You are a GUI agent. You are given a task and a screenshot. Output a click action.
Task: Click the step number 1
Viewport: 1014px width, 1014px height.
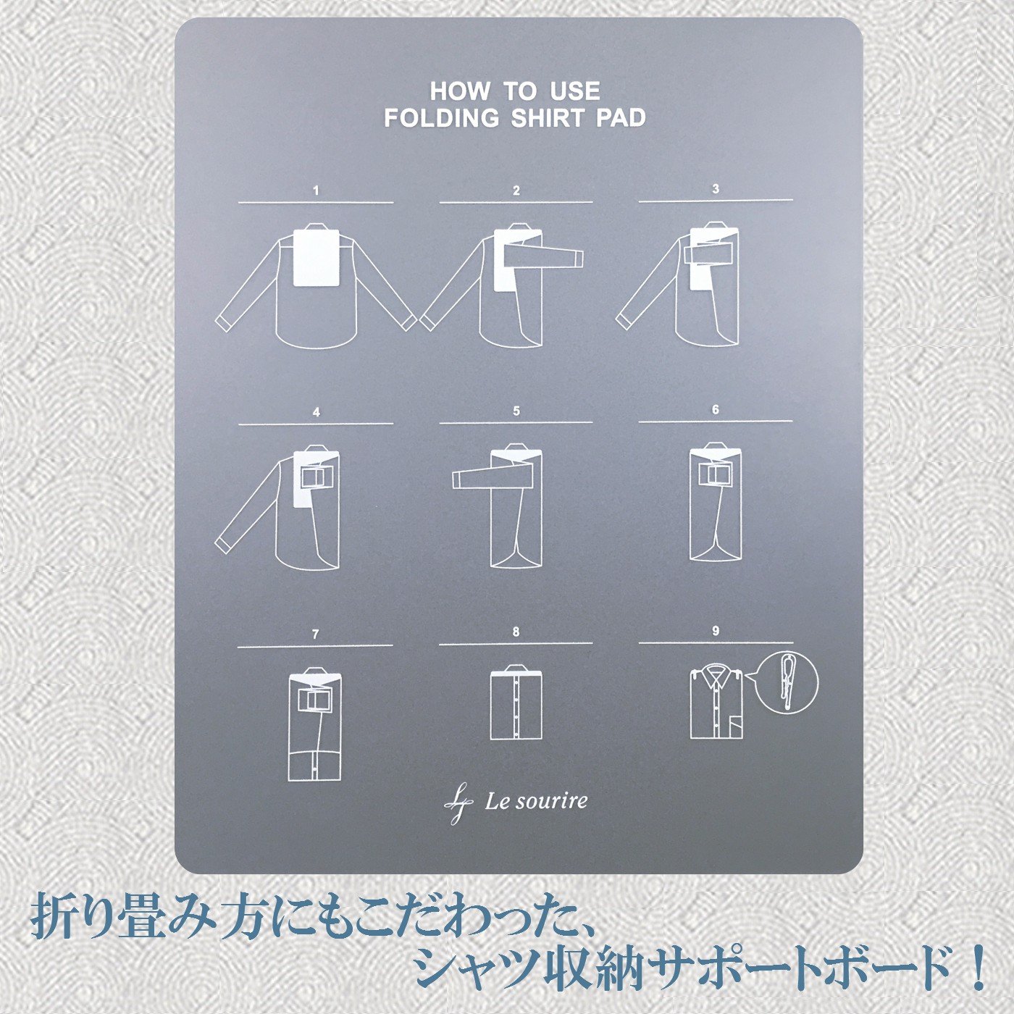[x=316, y=191]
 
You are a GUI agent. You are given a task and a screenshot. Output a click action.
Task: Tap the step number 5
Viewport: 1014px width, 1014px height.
[x=516, y=411]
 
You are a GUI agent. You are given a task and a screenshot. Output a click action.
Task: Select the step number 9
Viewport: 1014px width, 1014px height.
[x=715, y=631]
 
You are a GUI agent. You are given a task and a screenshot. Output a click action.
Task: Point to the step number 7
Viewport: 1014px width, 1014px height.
[x=315, y=634]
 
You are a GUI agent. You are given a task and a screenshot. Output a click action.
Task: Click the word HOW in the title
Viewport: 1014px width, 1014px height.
[x=459, y=92]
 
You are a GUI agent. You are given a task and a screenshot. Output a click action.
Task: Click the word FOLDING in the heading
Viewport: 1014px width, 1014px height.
[x=442, y=118]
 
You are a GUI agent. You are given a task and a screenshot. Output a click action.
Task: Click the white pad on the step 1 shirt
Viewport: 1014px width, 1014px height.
[x=315, y=258]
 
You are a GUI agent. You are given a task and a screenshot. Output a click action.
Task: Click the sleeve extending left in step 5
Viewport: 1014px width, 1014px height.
[x=474, y=477]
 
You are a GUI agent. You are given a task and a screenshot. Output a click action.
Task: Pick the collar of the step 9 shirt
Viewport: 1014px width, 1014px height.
[x=715, y=674]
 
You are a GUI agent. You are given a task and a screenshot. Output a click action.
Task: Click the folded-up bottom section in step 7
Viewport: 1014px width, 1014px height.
[x=314, y=766]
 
